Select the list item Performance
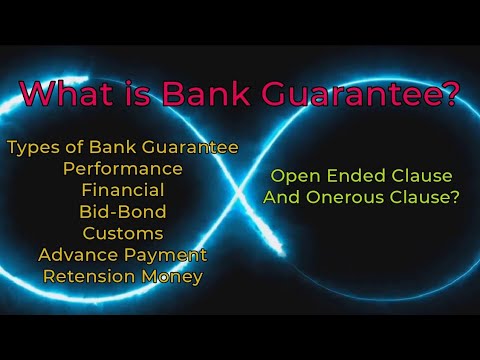[122, 169]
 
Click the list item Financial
[122, 190]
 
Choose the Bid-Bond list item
[122, 211]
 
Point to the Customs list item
[122, 233]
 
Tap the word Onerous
[342, 198]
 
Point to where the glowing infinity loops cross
[241, 190]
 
